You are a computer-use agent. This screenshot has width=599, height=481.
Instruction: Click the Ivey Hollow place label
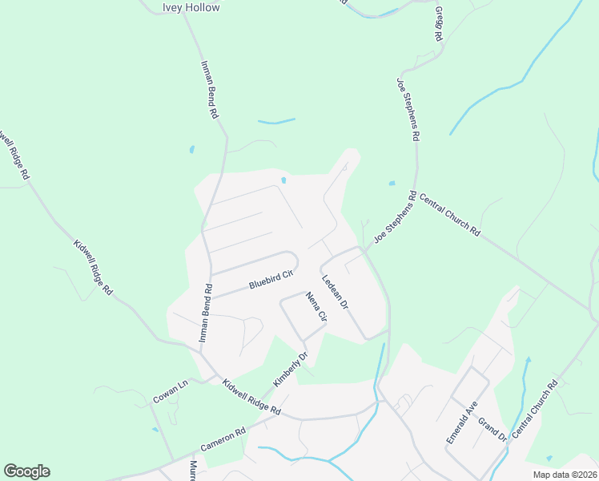pyautogui.click(x=191, y=7)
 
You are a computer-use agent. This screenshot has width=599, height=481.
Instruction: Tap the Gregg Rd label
pyautogui.click(x=438, y=26)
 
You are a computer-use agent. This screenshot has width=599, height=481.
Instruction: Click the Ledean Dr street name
pyautogui.click(x=336, y=293)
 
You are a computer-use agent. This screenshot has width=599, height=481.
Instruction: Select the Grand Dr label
pyautogui.click(x=492, y=429)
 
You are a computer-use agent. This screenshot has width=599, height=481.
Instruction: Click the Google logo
pyautogui.click(x=26, y=471)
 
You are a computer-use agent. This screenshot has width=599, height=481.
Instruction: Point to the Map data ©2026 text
pyautogui.click(x=564, y=475)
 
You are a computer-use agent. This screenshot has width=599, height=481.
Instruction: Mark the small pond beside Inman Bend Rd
pyautogui.click(x=191, y=149)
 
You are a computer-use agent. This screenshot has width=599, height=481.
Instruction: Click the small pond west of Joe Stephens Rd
pyautogui.click(x=392, y=184)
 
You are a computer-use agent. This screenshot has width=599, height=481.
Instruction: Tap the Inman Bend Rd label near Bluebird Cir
pyautogui.click(x=205, y=313)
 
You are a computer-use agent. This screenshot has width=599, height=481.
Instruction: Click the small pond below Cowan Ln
pyautogui.click(x=155, y=429)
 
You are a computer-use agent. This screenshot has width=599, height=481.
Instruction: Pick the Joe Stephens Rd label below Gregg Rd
pyautogui.click(x=407, y=110)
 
